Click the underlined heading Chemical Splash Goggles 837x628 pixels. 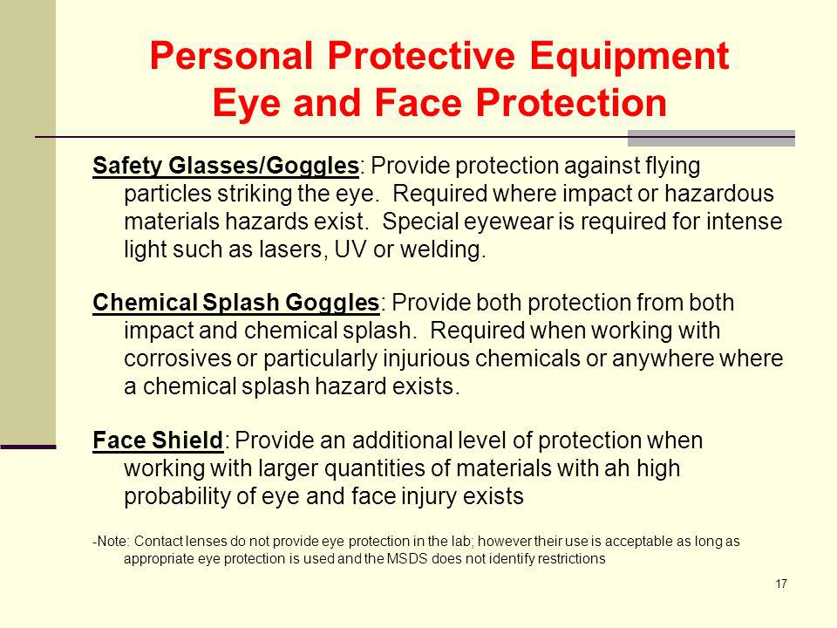235,303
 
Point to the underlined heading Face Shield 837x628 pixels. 158,440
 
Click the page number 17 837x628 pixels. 780,584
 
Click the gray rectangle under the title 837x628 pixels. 711,138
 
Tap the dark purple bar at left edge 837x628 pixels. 28,447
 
